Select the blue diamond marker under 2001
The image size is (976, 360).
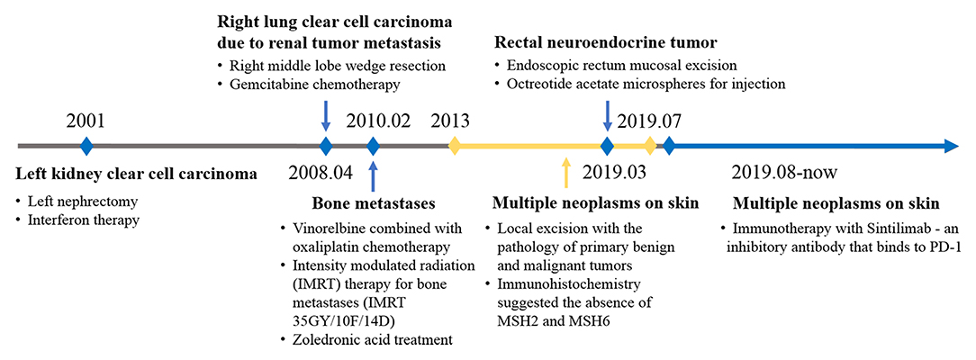tap(86, 147)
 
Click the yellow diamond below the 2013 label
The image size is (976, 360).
tap(455, 147)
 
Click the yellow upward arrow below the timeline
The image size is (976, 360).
tap(565, 173)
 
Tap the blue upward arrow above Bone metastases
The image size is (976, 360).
tap(373, 176)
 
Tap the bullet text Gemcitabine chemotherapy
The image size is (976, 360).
tap(314, 85)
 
